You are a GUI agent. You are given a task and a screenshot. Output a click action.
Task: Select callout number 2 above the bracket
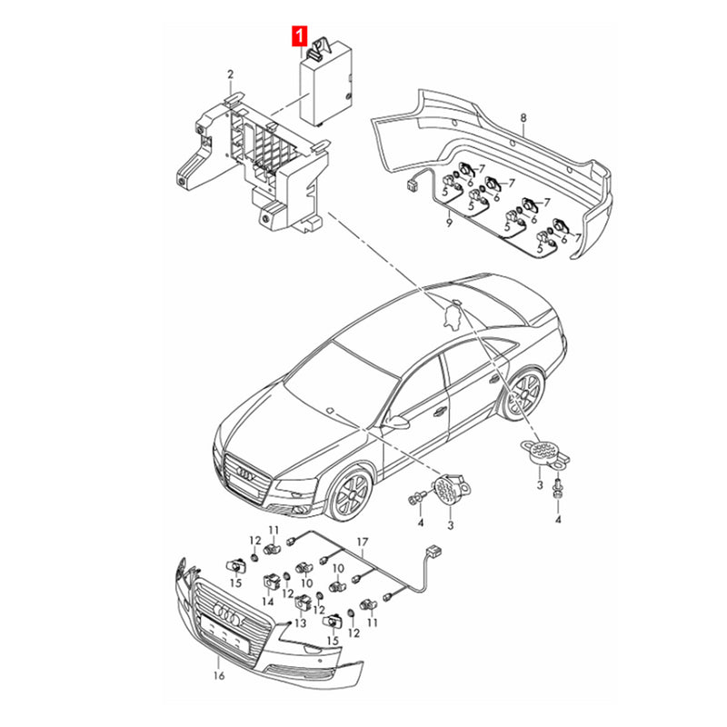pos(230,74)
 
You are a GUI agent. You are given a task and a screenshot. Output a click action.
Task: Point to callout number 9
pos(447,224)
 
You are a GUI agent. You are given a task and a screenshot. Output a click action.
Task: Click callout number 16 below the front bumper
pos(217,676)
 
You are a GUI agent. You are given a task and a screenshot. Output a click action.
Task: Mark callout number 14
pos(268,601)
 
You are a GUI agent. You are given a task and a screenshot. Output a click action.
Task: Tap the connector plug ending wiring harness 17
pos(434,551)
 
